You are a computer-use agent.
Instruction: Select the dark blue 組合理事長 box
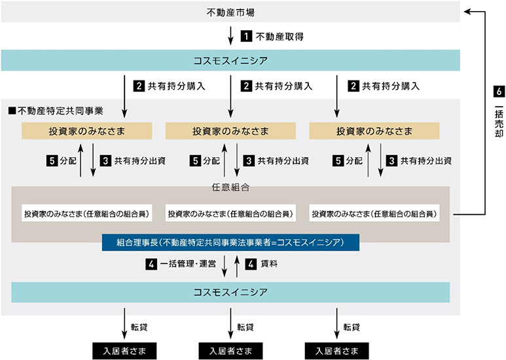click(x=230, y=242)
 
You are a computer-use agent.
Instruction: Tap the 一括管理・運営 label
click(x=188, y=264)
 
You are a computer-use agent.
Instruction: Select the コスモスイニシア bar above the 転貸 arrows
click(x=230, y=291)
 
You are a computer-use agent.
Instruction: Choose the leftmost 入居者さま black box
click(x=124, y=350)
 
